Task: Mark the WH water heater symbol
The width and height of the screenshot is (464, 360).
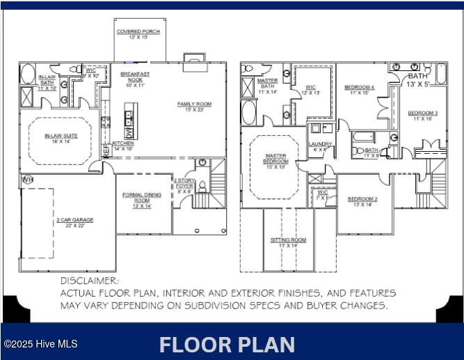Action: point(27,180)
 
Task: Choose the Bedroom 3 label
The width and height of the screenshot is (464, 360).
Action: point(422,115)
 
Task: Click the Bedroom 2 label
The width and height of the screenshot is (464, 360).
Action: point(362,201)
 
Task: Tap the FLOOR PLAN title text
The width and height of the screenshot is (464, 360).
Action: point(227,345)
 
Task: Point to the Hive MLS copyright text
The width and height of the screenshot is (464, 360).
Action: point(40,344)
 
